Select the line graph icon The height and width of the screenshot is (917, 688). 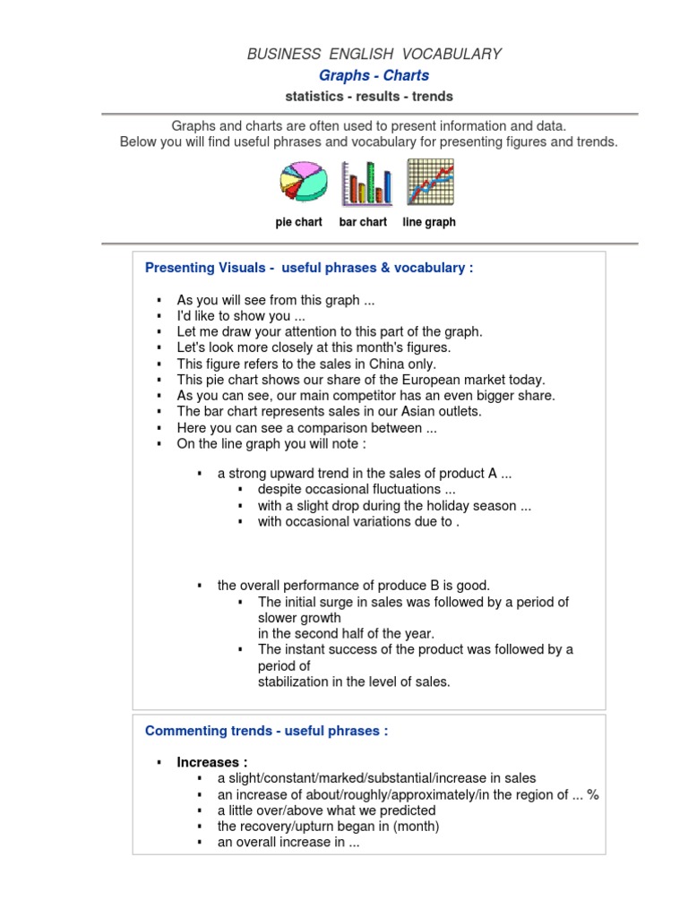430,182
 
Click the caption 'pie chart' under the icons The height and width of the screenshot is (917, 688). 298,222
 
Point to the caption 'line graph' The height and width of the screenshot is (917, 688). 429,222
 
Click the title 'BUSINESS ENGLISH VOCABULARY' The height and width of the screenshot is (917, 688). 374,55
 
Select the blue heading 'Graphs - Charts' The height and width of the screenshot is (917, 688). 374,76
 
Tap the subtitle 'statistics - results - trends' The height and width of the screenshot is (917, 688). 368,97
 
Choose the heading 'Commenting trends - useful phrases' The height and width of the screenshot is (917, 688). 267,731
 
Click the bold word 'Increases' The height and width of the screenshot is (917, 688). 210,762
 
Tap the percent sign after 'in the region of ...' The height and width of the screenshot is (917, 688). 592,794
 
